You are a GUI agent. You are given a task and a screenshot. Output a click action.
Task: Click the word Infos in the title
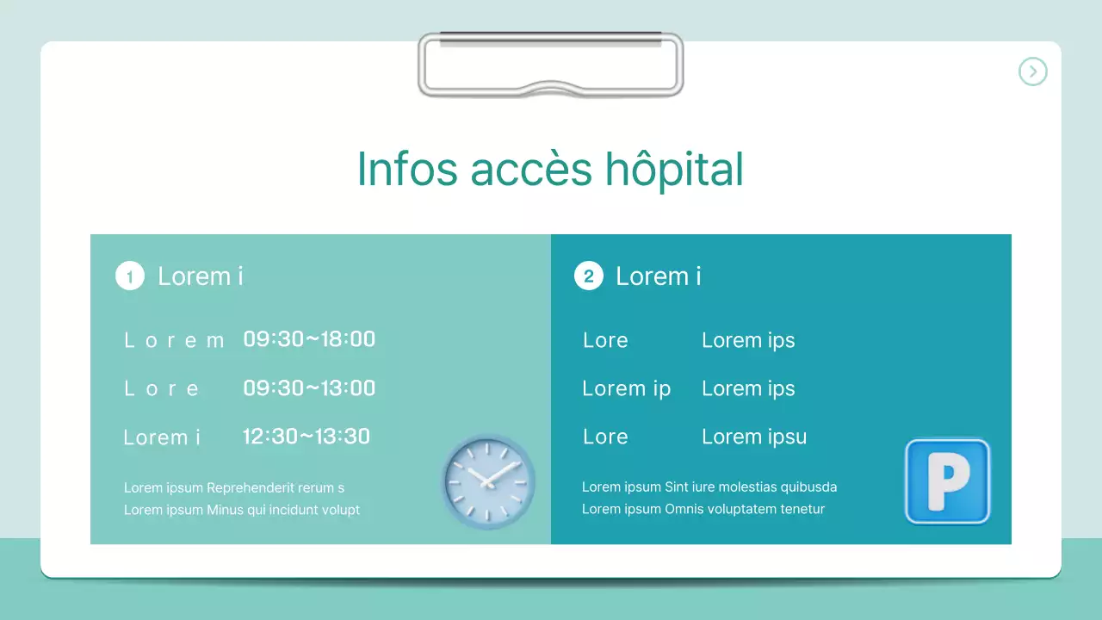coord(406,170)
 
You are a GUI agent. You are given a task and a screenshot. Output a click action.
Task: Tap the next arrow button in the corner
coord(1032,71)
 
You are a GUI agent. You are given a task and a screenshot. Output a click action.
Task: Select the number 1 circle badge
coord(130,276)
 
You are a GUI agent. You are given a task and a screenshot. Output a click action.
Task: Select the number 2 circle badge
coord(589,276)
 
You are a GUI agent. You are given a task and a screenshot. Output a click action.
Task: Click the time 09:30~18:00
coord(309,339)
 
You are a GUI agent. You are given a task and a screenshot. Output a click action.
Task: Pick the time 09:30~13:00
coord(309,388)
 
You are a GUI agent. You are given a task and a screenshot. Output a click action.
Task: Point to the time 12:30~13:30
coord(306,437)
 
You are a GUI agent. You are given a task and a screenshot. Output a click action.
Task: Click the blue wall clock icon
coord(488,480)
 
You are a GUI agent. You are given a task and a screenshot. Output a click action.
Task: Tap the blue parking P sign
coord(947,481)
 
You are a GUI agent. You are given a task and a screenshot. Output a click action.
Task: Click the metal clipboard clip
coord(550,65)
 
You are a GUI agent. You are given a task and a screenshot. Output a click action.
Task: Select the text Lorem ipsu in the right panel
coord(754,437)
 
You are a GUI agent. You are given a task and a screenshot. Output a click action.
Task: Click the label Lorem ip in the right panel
coord(626,388)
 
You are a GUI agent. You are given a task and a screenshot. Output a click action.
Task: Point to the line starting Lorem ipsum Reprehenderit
coord(234,488)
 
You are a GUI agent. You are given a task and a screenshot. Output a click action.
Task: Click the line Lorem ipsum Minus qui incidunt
coord(242,510)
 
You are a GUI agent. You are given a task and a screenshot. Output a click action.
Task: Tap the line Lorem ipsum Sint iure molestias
coord(709,487)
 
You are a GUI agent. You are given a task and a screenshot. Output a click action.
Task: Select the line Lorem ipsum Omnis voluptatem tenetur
coord(703,509)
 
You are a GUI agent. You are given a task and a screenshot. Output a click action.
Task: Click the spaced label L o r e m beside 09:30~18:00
coord(174,340)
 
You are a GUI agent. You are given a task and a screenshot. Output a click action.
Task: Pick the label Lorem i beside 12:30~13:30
coord(162,437)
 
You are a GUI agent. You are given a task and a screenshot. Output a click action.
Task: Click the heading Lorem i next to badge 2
coord(659,276)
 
